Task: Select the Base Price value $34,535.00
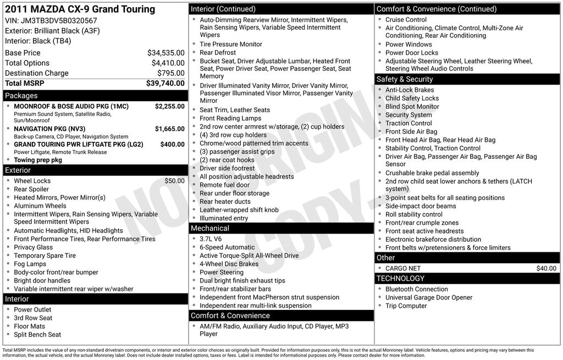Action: [x=165, y=53]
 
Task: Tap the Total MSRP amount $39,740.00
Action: [x=165, y=83]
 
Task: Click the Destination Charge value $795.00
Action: [x=170, y=73]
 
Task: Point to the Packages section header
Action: [x=21, y=96]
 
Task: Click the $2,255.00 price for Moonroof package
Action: [x=169, y=106]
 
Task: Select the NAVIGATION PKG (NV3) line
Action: [x=49, y=129]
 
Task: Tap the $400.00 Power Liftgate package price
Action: [x=172, y=145]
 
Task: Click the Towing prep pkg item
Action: [x=38, y=160]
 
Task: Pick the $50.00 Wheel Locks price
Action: [x=174, y=181]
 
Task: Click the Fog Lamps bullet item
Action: [x=30, y=264]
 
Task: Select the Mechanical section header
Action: [x=209, y=228]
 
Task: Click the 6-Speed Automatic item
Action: [x=227, y=247]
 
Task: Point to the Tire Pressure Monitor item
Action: [x=231, y=44]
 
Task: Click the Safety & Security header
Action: [x=404, y=79]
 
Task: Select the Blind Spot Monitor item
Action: [x=412, y=107]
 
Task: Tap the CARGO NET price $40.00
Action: [x=546, y=268]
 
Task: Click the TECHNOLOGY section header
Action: [x=400, y=279]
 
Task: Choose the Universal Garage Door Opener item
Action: [x=429, y=297]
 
